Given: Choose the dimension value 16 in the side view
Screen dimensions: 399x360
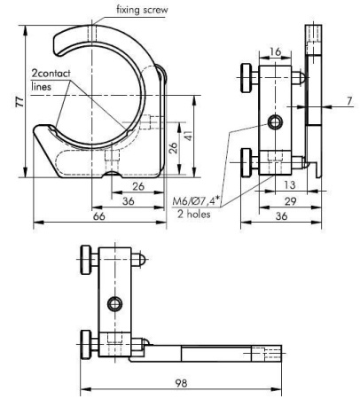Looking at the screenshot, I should click(276, 53).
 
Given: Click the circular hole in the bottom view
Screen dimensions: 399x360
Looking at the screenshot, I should click(112, 304).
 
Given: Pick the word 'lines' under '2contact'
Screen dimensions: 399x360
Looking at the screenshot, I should click(42, 87).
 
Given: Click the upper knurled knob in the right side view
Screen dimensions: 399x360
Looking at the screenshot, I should click(244, 76).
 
